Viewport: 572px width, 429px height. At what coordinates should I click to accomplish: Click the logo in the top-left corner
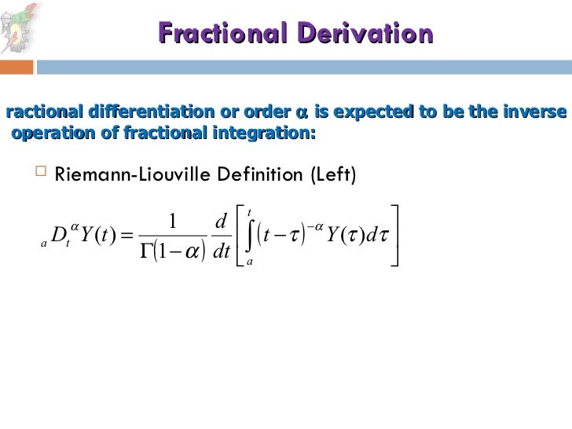pos(19,27)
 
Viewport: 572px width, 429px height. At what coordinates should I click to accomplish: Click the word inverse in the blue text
pos(536,112)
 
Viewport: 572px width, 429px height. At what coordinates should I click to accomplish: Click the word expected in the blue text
pos(367,112)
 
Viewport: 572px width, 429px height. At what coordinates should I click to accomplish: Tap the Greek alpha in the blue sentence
pos(302,114)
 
